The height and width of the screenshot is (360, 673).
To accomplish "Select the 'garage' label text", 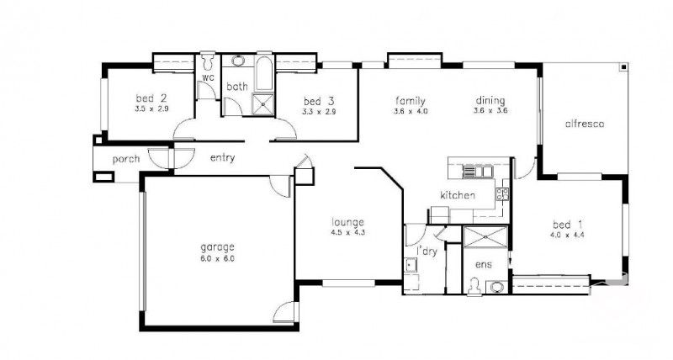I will [217, 247].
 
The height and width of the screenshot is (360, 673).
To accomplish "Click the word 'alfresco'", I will [585, 124].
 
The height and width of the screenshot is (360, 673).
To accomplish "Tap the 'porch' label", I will [114, 158].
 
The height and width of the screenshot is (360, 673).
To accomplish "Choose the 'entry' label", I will [222, 157].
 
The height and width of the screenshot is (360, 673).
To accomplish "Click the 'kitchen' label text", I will [458, 196].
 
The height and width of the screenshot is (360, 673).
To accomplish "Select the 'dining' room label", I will [489, 99].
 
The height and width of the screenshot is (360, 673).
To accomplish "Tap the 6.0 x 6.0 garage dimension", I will [217, 259].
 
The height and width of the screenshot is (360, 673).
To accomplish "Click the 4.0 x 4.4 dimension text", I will [568, 235].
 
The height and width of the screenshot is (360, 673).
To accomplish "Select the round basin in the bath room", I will [238, 61].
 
